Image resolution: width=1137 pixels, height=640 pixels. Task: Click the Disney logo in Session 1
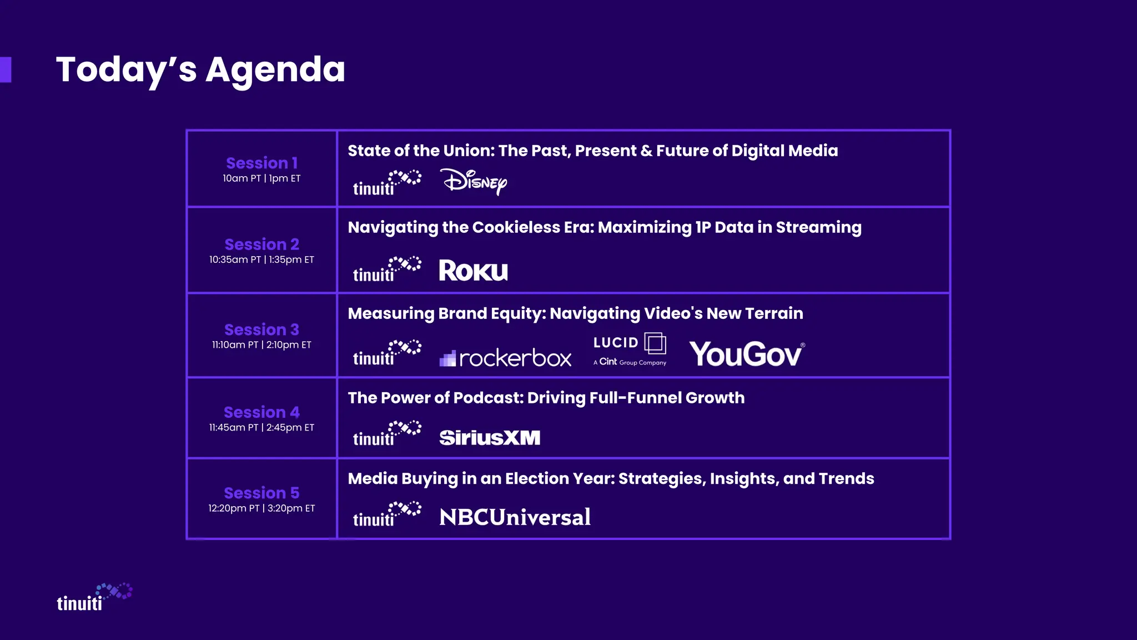tap(474, 182)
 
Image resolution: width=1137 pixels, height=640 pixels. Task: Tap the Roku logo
tap(473, 271)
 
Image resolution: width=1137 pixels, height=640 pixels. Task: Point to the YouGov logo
tap(746, 354)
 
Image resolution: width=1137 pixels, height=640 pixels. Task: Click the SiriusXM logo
tap(489, 438)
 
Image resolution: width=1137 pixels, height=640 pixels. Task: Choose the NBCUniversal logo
tap(515, 517)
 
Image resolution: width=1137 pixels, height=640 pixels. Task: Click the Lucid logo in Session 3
tap(630, 349)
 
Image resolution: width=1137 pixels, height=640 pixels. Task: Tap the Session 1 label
tap(261, 163)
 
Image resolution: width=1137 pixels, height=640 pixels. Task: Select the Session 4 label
tap(261, 412)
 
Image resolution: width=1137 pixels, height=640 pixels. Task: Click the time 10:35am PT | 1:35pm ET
tap(261, 259)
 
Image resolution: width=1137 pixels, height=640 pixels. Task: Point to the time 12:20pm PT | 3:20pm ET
tap(261, 508)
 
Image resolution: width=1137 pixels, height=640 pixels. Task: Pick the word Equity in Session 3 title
tap(516, 313)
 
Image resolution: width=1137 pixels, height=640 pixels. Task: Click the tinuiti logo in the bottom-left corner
tap(94, 598)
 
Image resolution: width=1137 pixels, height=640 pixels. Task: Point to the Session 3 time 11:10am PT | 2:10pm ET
tap(261, 345)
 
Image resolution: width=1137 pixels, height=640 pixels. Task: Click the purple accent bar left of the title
tap(6, 69)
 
